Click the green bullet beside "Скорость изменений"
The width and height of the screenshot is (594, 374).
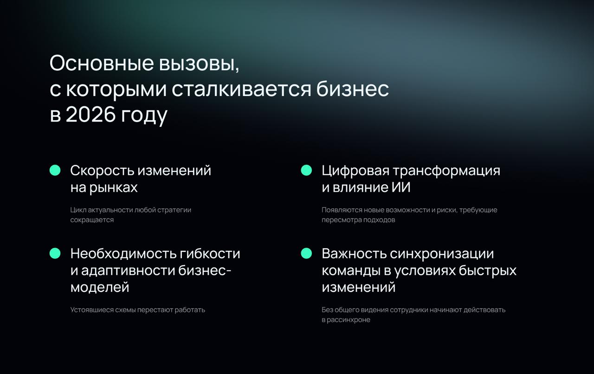click(x=55, y=170)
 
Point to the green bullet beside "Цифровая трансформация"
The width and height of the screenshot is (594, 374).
click(x=306, y=170)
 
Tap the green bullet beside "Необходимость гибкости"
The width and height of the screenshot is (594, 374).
click(x=55, y=253)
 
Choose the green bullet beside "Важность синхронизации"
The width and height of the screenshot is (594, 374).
click(x=306, y=253)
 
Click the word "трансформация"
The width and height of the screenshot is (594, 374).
click(x=446, y=171)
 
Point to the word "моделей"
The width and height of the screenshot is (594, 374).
click(x=100, y=287)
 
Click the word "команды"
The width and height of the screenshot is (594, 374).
click(x=351, y=271)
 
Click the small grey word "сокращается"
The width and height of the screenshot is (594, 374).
click(x=92, y=220)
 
